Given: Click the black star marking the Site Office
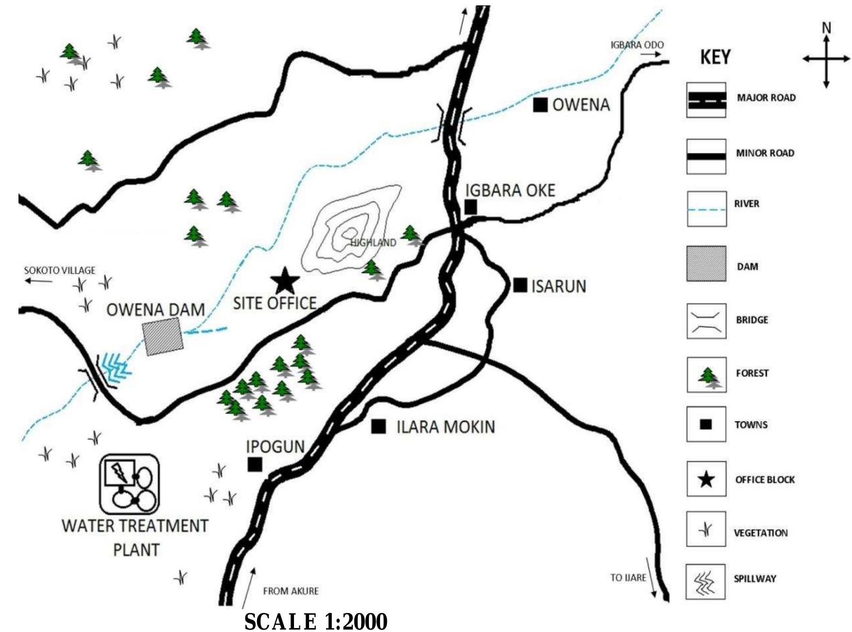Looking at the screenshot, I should coord(285,281).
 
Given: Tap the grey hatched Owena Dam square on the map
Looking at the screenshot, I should coord(163,337).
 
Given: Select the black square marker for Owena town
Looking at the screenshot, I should coord(540,105).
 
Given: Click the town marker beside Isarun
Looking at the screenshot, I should coord(520,285).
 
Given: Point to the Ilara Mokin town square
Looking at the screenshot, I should coord(379,427).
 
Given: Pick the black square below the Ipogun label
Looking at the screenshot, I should coord(255,464).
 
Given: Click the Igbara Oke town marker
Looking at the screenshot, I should coord(470,207).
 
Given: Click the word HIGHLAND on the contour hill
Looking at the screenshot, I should coord(373,242).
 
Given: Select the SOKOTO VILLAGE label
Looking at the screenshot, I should coord(60,271).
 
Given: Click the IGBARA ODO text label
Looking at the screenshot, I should coord(637,45).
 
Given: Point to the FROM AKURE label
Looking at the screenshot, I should coord(291,591).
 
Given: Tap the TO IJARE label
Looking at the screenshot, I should coord(628,578).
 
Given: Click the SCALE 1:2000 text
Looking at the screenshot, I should coord(315,621).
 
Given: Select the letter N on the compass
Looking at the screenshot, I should coord(826,28).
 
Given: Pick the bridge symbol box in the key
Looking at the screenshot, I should coord(706,321).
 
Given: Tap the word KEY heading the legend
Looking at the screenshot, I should coord(715,57).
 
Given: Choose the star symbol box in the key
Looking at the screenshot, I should coord(706,480).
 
